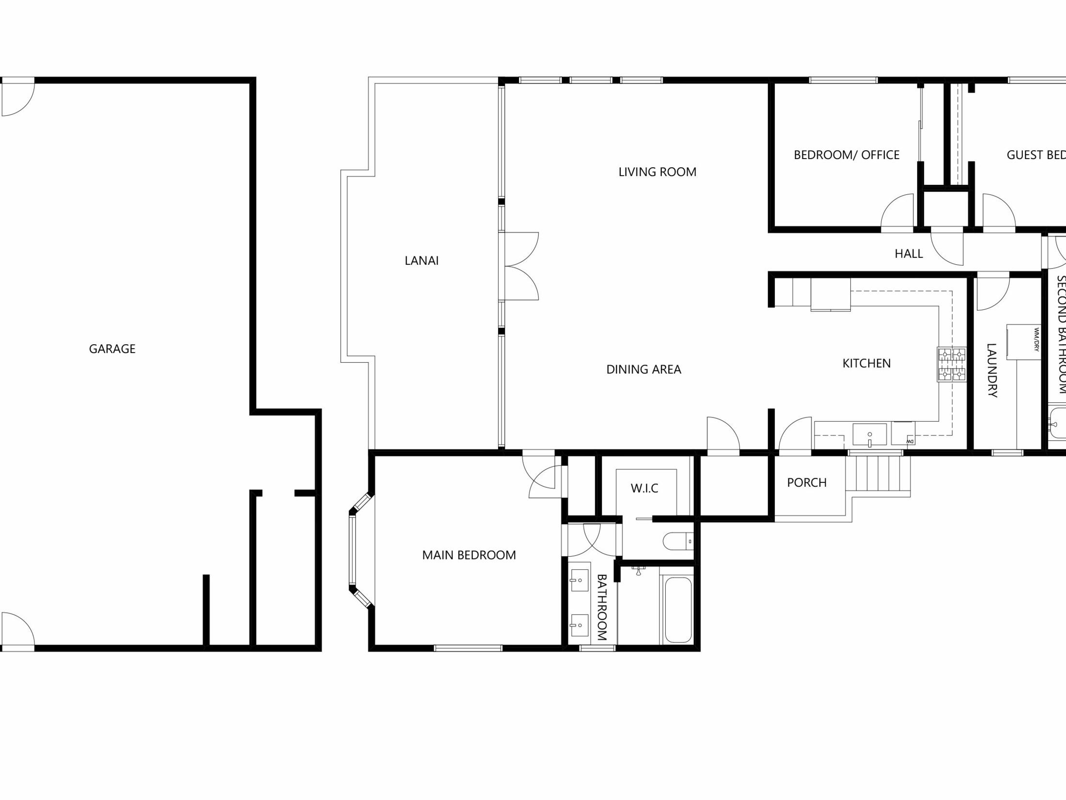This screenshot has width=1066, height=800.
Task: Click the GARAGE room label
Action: coord(112,349)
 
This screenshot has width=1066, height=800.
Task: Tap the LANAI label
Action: coord(422,260)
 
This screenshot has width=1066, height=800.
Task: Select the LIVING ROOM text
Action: coord(657,172)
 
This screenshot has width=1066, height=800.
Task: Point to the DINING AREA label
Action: coord(643,369)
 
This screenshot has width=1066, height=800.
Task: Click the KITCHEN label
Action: coord(866,363)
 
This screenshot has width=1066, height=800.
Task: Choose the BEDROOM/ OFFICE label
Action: coord(846,155)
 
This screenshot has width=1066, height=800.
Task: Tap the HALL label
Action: coord(909,254)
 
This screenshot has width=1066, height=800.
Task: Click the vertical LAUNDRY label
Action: coord(992,370)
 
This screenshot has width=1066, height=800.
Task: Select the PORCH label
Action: coord(806,482)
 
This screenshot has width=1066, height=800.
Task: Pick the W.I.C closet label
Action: coord(644,488)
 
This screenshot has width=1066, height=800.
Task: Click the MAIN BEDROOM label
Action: coord(469,555)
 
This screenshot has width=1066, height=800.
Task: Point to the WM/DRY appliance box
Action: coord(1023,342)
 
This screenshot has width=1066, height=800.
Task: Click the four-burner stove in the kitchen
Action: coord(952,364)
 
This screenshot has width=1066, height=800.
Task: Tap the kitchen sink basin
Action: coord(869,434)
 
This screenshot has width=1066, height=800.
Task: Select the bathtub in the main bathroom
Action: coord(678,609)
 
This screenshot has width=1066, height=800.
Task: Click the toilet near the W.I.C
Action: coord(677,541)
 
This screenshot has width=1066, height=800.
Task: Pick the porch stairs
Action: coord(878,473)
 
